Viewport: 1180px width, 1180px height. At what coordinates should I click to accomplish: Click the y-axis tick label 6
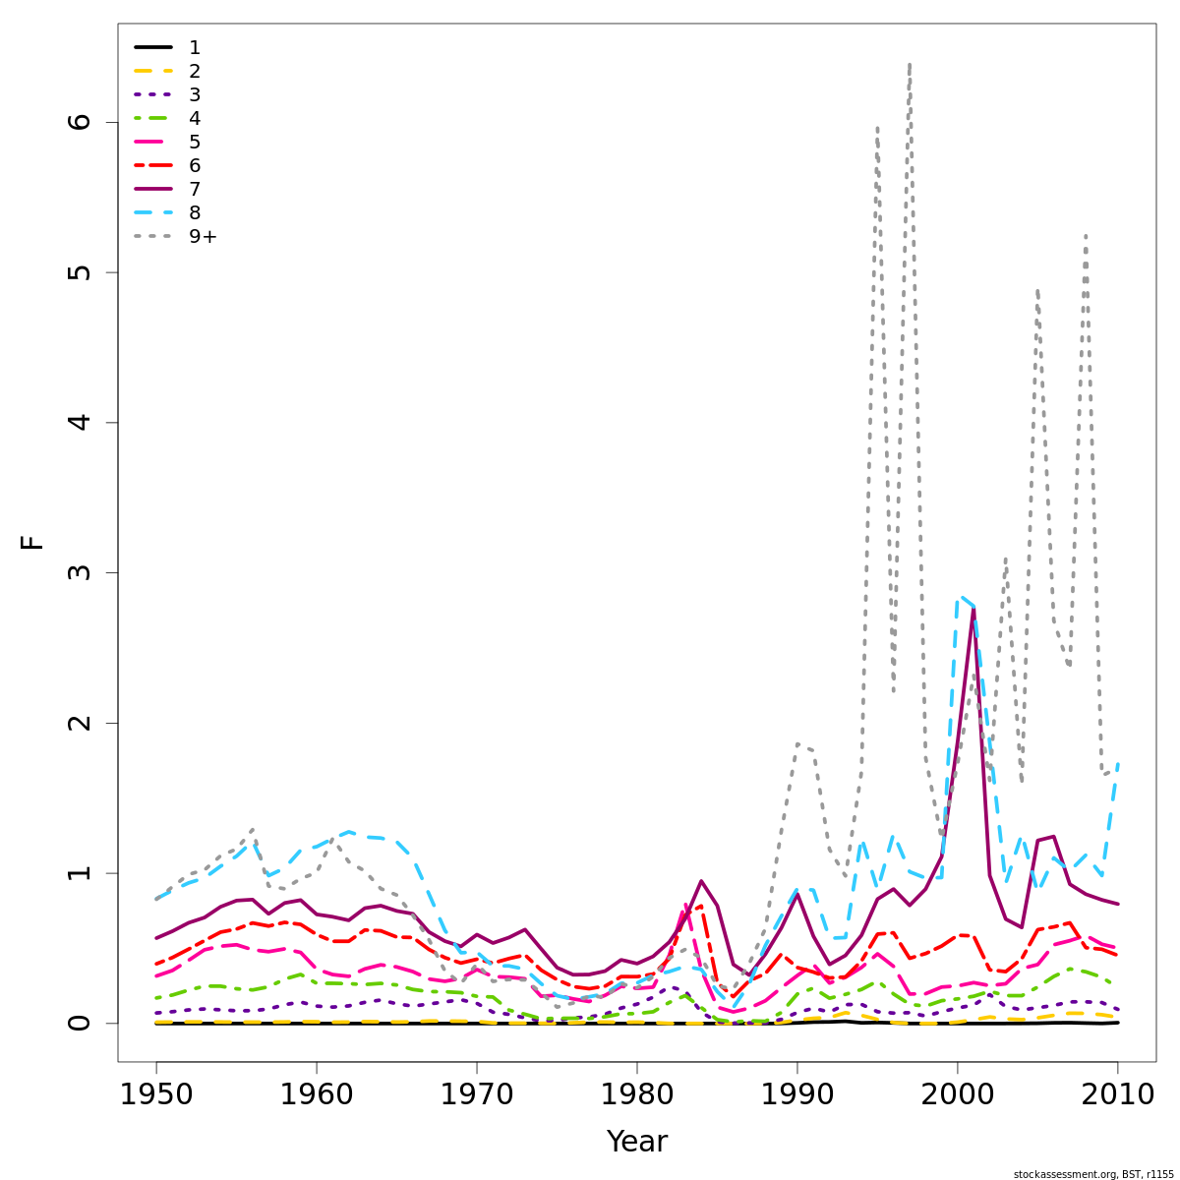click(x=80, y=122)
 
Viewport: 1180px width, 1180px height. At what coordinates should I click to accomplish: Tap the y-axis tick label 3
click(x=80, y=572)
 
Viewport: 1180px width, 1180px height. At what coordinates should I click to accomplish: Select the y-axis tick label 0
click(x=80, y=1023)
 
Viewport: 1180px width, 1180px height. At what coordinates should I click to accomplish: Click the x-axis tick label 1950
click(x=156, y=1094)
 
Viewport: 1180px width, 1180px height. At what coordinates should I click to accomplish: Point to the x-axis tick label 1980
click(x=637, y=1094)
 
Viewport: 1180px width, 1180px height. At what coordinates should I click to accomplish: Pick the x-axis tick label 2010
click(x=1118, y=1094)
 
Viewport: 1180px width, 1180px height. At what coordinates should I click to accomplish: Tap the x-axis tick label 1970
click(x=477, y=1094)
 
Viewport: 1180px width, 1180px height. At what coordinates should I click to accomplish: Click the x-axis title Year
click(x=637, y=1142)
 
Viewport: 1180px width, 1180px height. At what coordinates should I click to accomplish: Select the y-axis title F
click(x=33, y=542)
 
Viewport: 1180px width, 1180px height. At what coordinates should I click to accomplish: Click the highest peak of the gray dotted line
click(x=910, y=64)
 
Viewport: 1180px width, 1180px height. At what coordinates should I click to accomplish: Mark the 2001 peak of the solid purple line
click(x=973, y=609)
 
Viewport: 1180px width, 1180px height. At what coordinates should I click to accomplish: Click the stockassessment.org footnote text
click(x=1093, y=1174)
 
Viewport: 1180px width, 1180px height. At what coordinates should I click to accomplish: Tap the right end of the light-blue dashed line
click(x=1118, y=763)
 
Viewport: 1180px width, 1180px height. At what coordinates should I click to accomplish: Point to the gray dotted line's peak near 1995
click(x=877, y=127)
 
